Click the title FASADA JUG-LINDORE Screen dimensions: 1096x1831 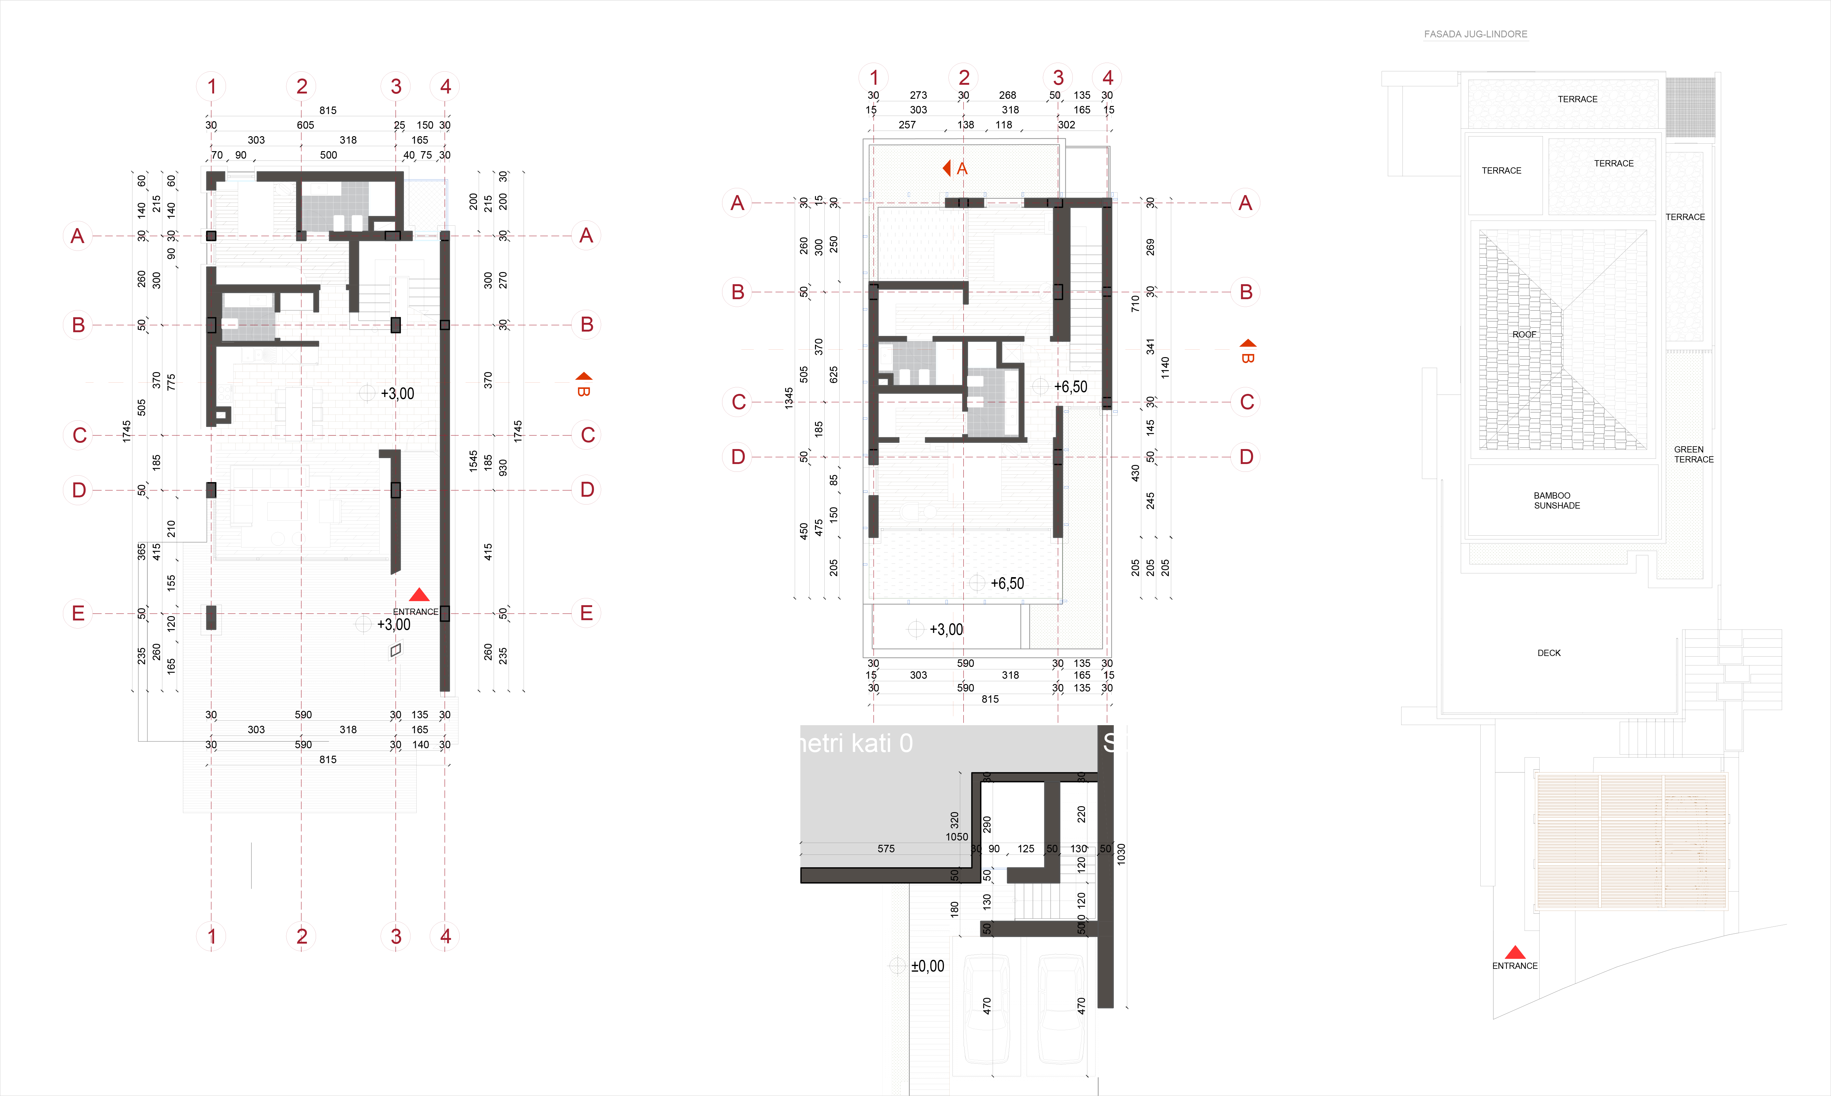(1475, 34)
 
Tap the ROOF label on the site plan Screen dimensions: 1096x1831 (1524, 335)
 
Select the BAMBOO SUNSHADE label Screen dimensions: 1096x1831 (1556, 501)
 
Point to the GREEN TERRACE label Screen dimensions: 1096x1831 (1693, 454)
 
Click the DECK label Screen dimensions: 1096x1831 (1549, 653)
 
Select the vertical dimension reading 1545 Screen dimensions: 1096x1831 (473, 461)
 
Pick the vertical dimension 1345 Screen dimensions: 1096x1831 (789, 398)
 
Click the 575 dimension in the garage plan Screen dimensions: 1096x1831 (886, 849)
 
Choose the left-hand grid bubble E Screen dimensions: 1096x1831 (78, 613)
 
